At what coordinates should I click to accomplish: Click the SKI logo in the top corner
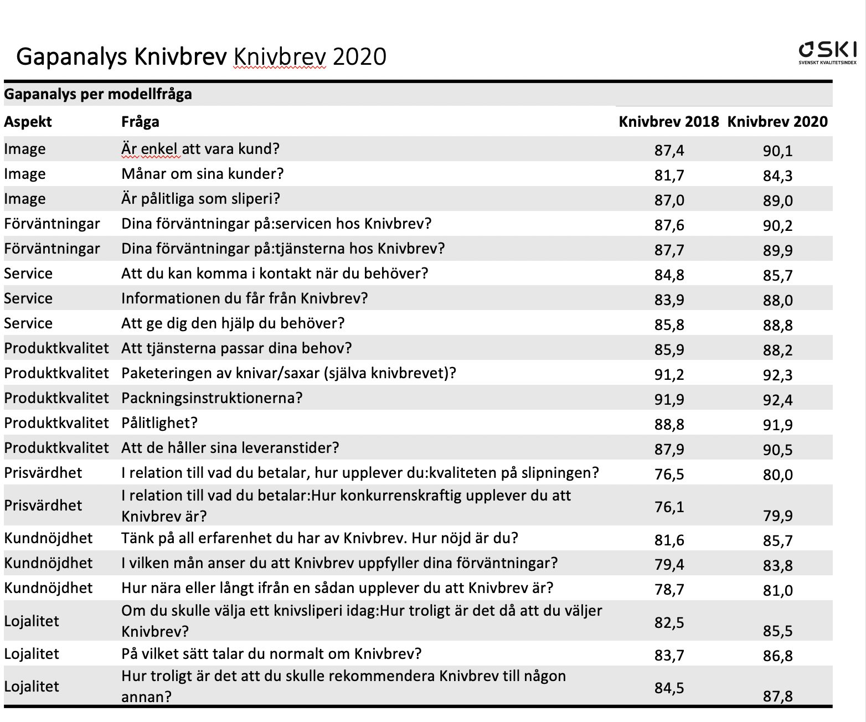[827, 53]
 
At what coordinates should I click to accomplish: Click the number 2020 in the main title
[359, 57]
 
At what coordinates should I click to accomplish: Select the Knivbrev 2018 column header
[668, 121]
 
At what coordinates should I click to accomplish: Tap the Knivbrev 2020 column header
[777, 121]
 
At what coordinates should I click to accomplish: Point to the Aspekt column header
[28, 122]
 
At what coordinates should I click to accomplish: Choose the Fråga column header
[140, 122]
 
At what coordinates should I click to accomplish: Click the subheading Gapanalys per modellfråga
[98, 95]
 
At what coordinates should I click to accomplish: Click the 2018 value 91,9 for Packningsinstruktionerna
[669, 400]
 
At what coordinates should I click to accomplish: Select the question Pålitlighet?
[159, 423]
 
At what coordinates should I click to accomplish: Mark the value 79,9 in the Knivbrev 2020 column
[777, 516]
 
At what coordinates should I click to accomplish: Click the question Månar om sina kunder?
[203, 174]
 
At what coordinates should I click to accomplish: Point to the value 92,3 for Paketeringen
[777, 375]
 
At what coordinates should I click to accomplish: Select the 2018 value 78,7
[669, 589]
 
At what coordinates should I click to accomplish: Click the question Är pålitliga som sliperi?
[201, 199]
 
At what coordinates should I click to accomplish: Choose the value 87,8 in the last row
[777, 697]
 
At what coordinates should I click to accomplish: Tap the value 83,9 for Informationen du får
[669, 300]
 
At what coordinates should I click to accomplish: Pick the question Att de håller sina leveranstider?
[230, 448]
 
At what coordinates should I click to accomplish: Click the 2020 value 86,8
[777, 656]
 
